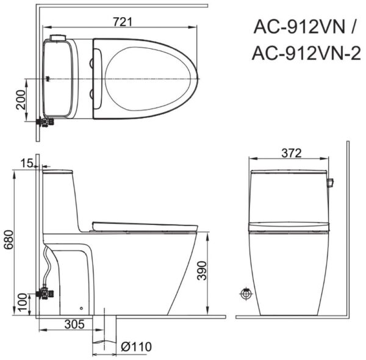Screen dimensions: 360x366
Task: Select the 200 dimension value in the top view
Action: [21, 99]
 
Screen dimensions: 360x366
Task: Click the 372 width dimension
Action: [290, 153]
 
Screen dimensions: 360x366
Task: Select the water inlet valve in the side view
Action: [45, 293]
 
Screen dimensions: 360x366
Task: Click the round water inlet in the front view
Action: [246, 293]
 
